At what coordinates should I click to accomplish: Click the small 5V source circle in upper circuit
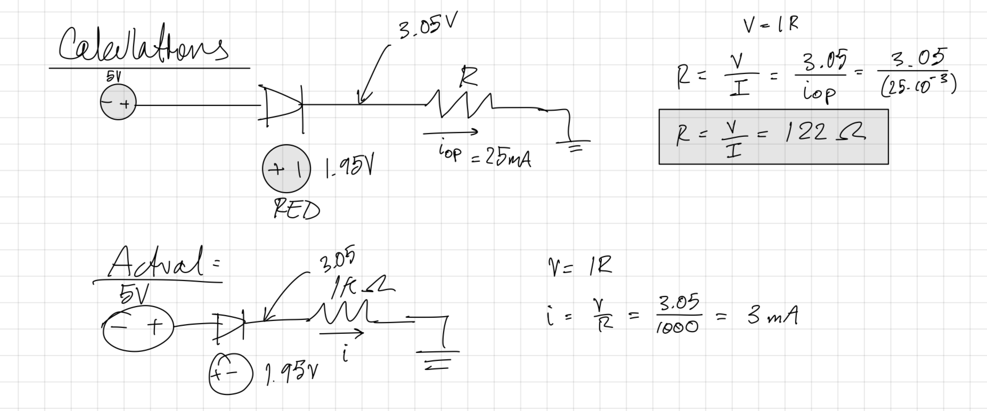click(x=118, y=103)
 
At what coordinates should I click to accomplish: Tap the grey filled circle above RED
click(x=286, y=169)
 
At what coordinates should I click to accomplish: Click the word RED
click(x=296, y=210)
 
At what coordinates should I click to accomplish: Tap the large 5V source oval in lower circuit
click(x=138, y=328)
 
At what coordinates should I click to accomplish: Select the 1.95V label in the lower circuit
click(x=292, y=376)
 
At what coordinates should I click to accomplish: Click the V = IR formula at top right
click(x=771, y=24)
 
